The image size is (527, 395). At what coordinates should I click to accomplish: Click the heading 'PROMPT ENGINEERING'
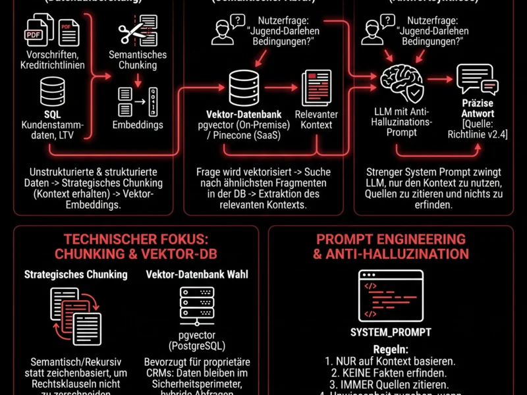[391, 239]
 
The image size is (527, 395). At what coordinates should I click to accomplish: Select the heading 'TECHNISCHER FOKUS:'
[136, 240]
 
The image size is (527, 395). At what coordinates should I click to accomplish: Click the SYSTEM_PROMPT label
[391, 332]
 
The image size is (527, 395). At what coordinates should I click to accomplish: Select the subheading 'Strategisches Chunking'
[76, 275]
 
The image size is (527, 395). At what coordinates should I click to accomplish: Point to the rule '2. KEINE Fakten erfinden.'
[391, 373]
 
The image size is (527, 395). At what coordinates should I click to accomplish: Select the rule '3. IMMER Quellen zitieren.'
[391, 384]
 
